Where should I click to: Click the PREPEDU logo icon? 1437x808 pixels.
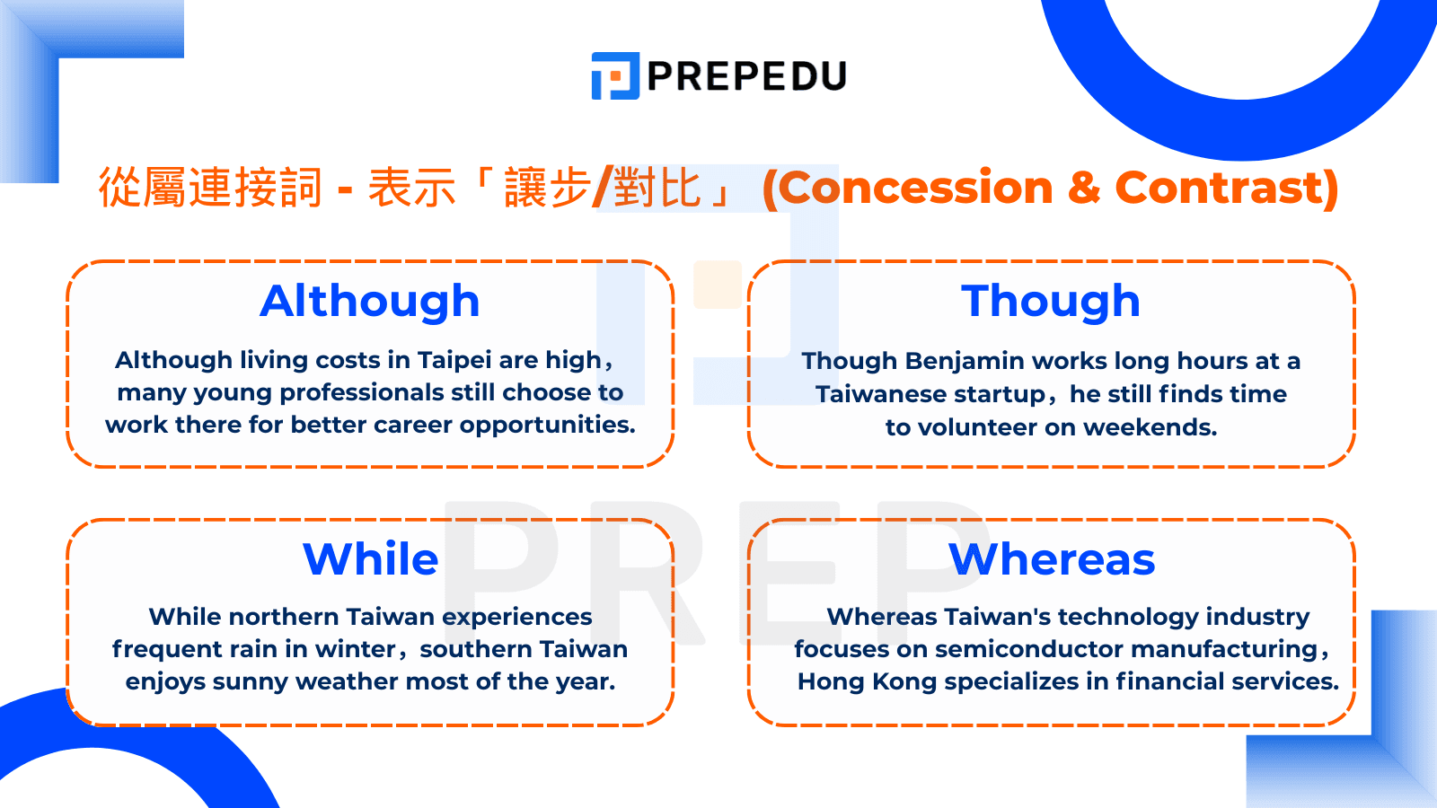point(615,75)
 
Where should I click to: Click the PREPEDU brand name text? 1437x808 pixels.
point(747,76)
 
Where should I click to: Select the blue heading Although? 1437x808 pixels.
point(370,301)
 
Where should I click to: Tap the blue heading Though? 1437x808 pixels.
point(1051,301)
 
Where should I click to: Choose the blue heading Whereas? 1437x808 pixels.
point(1052,559)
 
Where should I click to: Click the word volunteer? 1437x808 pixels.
point(992,427)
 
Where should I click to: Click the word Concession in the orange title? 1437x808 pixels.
point(915,188)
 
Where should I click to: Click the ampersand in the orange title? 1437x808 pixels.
point(1084,188)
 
